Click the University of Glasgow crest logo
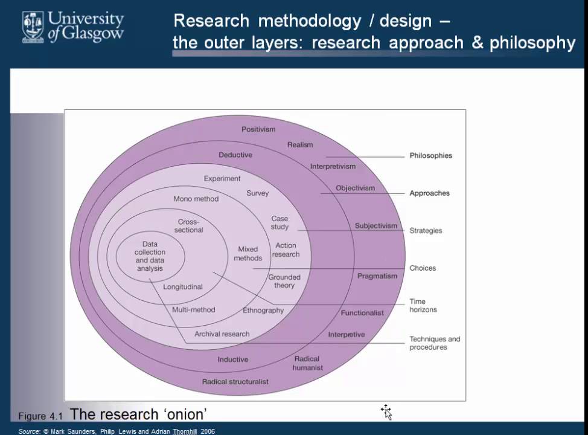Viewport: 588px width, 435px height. click(34, 27)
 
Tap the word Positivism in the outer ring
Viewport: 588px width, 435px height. click(258, 129)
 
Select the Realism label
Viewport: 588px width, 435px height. click(300, 144)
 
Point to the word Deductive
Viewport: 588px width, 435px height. click(235, 155)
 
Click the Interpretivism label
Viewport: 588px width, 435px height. click(333, 166)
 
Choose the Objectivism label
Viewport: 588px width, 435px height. click(355, 188)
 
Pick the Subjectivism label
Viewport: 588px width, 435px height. click(375, 226)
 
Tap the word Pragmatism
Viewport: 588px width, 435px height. click(377, 276)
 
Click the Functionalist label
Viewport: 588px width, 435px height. click(362, 313)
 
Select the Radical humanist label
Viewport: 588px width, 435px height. click(308, 363)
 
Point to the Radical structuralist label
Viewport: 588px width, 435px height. click(235, 382)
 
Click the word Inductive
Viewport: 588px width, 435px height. click(233, 359)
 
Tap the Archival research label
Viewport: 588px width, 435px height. click(222, 334)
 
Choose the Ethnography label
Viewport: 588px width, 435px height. click(263, 311)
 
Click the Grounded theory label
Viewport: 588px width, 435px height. click(284, 282)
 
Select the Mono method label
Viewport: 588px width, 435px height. click(196, 199)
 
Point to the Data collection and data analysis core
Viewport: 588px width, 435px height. click(150, 256)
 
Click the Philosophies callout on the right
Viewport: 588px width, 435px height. click(430, 155)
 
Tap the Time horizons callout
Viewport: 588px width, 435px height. click(423, 306)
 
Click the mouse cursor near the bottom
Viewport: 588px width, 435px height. click(386, 412)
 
